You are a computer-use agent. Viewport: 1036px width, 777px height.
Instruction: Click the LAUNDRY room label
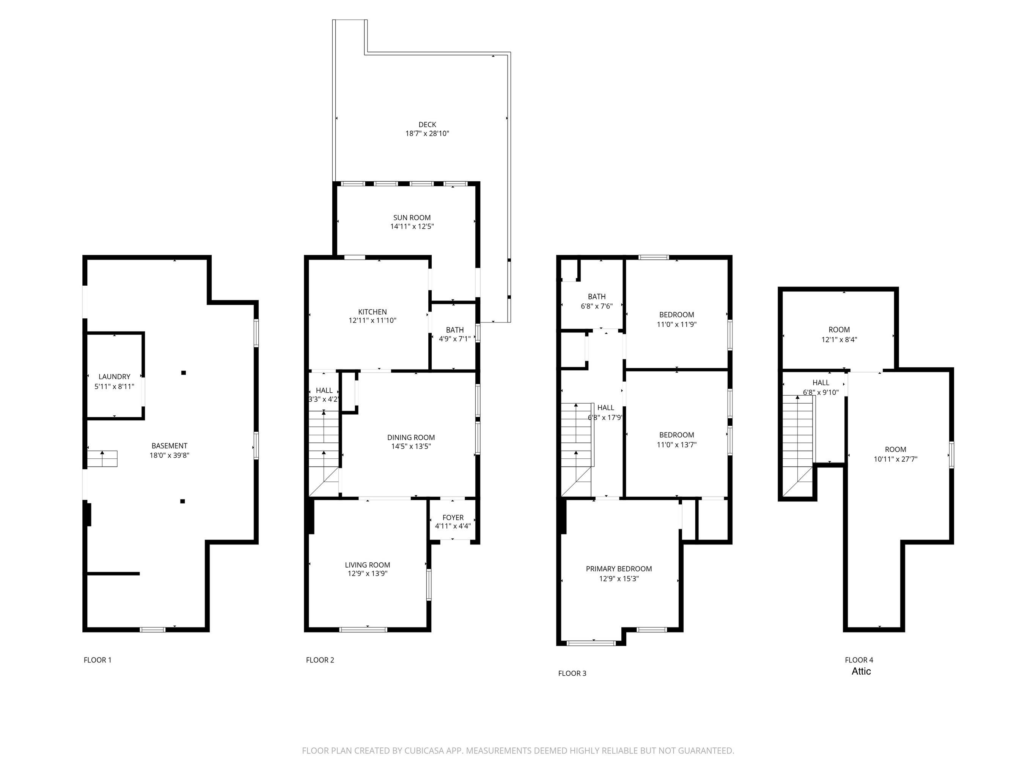point(114,377)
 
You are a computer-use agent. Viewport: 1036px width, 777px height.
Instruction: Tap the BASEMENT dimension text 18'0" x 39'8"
point(170,455)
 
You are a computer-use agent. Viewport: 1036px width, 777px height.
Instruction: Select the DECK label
point(427,124)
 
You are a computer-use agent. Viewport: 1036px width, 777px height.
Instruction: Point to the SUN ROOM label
point(412,218)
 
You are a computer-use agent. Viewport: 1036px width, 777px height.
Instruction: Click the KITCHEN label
point(373,312)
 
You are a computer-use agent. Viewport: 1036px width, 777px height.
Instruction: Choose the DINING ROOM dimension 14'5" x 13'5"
point(411,446)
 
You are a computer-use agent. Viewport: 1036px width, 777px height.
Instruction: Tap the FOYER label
point(453,517)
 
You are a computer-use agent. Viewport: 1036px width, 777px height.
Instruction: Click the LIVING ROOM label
point(368,565)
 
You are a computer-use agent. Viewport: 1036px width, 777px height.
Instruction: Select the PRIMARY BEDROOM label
point(619,569)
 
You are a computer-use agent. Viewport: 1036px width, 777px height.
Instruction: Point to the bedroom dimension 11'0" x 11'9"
point(677,324)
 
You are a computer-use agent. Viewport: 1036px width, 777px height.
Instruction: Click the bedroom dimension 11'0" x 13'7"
point(677,445)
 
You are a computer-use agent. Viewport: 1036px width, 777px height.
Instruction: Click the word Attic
point(861,671)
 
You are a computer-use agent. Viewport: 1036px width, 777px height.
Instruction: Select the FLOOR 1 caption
point(97,660)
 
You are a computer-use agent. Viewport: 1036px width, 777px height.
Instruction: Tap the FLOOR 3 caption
point(572,673)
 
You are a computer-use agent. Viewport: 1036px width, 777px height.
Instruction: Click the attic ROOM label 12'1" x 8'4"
point(839,330)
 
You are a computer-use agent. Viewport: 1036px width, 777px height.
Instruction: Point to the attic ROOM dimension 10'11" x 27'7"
point(896,459)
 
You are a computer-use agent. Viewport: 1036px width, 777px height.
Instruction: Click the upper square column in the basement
point(184,373)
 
